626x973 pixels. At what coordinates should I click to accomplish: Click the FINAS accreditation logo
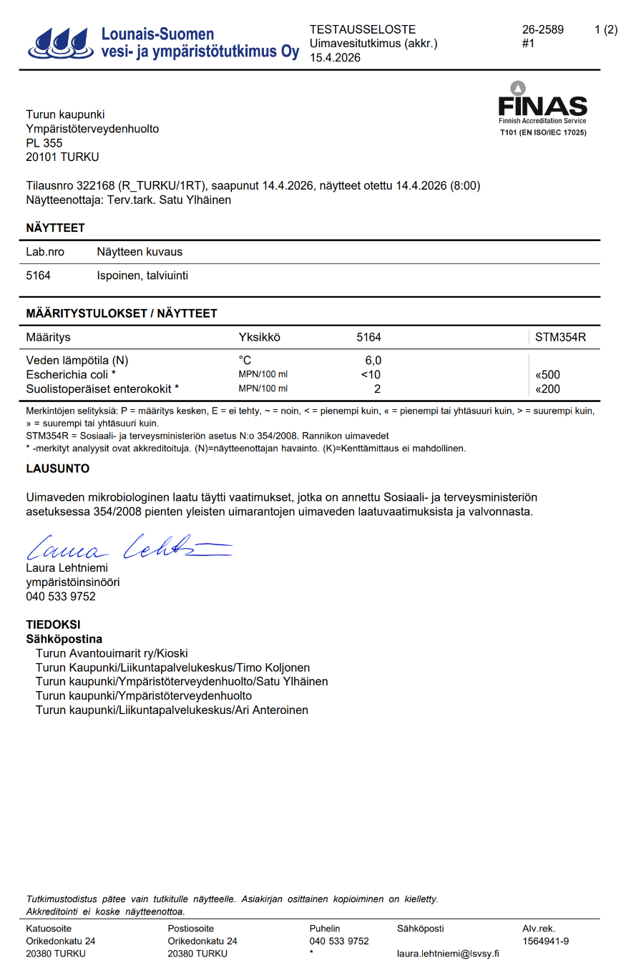542,107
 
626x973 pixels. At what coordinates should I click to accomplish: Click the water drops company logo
60,43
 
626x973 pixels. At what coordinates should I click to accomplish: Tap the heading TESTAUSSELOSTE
362,29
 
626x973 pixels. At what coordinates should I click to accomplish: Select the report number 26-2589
542,29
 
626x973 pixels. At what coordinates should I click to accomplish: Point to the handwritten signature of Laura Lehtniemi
129,548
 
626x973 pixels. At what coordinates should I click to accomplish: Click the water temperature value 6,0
373,361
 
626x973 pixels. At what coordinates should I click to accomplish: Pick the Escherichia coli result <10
370,375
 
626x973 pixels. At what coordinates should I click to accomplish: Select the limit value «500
547,375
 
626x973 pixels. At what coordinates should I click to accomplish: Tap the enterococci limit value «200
547,389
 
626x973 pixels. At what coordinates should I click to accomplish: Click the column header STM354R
560,337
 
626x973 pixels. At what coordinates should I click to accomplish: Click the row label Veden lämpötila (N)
77,361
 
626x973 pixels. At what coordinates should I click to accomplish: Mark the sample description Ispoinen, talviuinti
142,275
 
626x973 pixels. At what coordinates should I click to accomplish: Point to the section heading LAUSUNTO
58,469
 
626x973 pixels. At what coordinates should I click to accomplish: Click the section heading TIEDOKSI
53,625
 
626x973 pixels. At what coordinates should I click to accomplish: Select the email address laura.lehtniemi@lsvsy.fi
448,954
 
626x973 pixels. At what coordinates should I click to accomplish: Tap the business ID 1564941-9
545,942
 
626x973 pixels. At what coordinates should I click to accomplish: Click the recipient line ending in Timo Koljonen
172,668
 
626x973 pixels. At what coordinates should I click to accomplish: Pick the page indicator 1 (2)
605,29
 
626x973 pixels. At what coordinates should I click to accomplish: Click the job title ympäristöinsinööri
73,582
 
